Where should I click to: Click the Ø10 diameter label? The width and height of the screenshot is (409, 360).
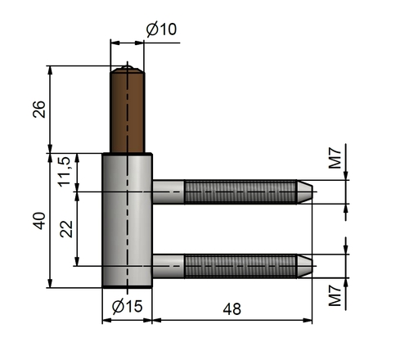[161, 29]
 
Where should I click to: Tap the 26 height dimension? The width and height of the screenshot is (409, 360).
[39, 109]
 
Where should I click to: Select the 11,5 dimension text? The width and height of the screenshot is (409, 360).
[65, 171]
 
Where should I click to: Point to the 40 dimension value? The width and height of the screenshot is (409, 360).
[39, 221]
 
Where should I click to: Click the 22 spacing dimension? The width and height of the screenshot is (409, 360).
[66, 229]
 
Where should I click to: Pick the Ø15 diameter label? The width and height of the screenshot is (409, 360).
[127, 306]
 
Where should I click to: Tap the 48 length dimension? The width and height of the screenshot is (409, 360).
[232, 309]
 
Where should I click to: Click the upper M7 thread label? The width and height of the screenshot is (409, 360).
[335, 158]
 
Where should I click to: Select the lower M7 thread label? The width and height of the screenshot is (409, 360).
[335, 295]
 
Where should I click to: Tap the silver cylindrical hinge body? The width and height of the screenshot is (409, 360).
[127, 220]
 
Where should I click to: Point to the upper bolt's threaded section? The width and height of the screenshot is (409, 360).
[240, 191]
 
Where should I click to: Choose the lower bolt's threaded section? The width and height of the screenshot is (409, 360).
[240, 266]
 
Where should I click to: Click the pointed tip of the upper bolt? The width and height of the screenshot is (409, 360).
[312, 191]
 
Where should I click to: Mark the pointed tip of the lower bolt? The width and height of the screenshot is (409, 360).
[312, 266]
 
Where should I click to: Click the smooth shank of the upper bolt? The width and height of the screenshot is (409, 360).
[169, 191]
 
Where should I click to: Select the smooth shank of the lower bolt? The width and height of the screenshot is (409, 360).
[169, 266]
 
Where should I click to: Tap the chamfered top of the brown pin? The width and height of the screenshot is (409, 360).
[128, 70]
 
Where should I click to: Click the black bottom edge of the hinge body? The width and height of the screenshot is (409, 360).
[127, 287]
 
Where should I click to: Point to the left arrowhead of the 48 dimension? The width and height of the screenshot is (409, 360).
[156, 321]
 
